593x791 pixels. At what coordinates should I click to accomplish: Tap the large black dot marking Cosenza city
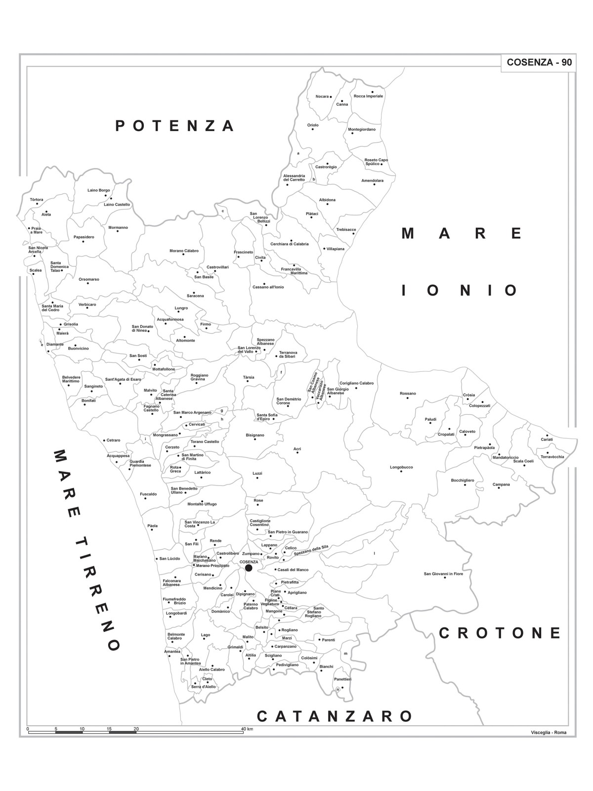point(249,568)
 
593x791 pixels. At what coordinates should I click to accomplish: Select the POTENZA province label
point(174,126)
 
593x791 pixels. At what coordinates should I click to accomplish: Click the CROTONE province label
point(500,633)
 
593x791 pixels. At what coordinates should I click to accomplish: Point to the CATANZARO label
point(335,716)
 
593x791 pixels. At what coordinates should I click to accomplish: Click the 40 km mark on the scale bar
point(247,729)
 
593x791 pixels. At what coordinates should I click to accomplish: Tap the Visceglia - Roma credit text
point(549,733)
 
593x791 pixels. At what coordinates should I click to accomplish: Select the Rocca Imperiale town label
point(368,96)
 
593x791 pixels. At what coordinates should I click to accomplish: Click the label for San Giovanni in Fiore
point(443,574)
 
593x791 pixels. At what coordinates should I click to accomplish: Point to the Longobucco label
point(401,467)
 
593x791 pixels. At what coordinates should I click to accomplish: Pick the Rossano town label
point(408,394)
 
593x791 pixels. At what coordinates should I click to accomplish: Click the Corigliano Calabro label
point(356,383)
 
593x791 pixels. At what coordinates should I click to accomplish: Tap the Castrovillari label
point(217,267)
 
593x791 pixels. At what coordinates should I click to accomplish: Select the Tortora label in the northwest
point(37,200)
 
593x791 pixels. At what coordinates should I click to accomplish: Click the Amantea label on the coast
point(172,652)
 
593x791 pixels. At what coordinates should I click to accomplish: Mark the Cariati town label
point(547,439)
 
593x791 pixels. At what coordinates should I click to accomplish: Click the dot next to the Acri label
point(297,453)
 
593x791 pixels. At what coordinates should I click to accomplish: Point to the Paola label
point(152,526)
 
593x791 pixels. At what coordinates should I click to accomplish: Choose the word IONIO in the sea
point(460,290)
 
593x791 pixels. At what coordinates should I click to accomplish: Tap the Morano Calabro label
point(184,251)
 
